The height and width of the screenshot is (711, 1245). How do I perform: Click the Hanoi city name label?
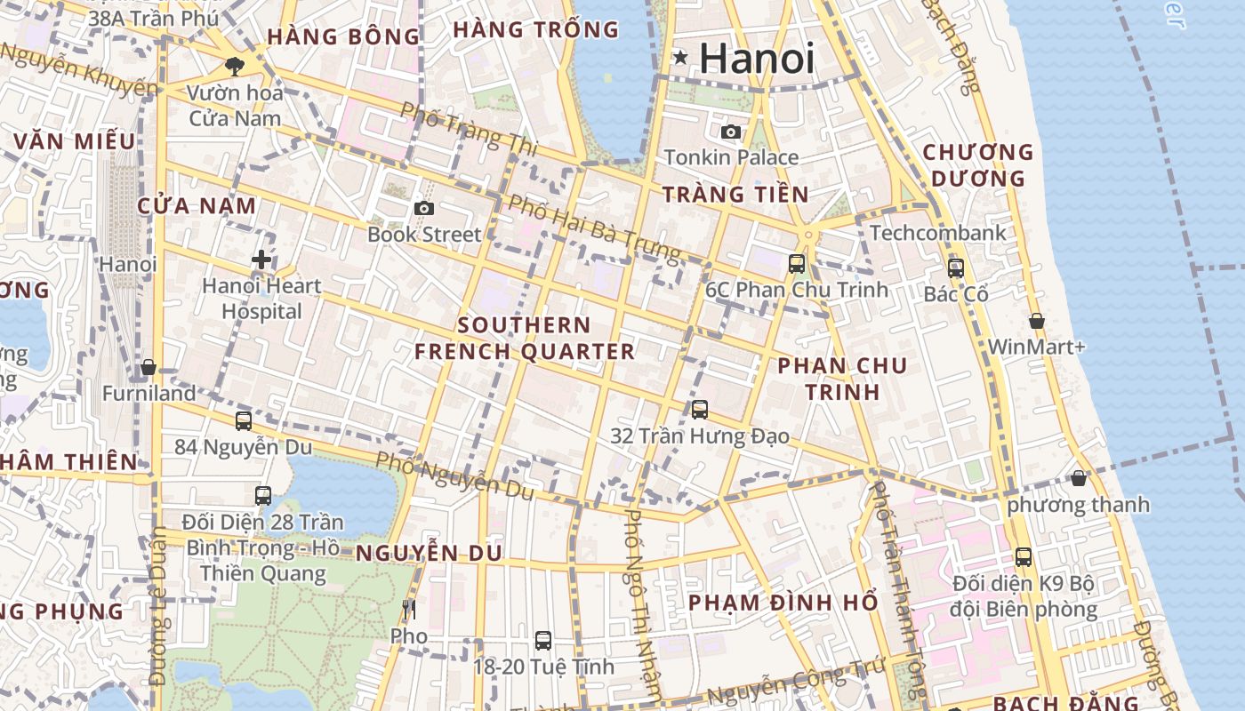click(x=756, y=59)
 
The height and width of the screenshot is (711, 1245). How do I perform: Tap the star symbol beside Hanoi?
click(x=680, y=58)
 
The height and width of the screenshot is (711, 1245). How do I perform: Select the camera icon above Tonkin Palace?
click(x=731, y=132)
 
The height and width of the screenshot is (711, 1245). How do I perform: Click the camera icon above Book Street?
click(x=424, y=208)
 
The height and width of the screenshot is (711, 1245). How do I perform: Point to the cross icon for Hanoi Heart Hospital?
click(x=261, y=260)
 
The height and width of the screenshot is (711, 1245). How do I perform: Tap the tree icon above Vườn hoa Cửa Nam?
click(x=235, y=65)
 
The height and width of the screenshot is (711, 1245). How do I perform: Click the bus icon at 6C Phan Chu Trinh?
click(x=797, y=263)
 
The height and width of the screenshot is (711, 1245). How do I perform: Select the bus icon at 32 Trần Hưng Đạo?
click(x=700, y=409)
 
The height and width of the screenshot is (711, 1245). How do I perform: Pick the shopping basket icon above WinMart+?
click(x=1036, y=321)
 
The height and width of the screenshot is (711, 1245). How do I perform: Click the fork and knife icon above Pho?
click(x=409, y=610)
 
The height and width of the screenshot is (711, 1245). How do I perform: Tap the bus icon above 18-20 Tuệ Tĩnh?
click(x=543, y=640)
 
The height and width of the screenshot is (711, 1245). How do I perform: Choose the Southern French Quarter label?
click(x=525, y=339)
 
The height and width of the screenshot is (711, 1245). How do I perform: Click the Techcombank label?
click(x=938, y=233)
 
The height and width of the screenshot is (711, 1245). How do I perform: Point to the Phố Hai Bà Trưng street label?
click(x=593, y=228)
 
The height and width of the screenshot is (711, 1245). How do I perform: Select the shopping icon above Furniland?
click(x=149, y=367)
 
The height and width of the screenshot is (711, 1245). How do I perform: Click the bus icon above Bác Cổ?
click(x=956, y=268)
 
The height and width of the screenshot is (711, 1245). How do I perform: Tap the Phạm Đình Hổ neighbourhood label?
click(x=783, y=603)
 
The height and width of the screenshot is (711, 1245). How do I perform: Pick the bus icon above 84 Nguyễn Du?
click(x=244, y=420)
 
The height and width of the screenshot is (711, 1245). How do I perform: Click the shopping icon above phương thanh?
click(x=1079, y=478)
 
